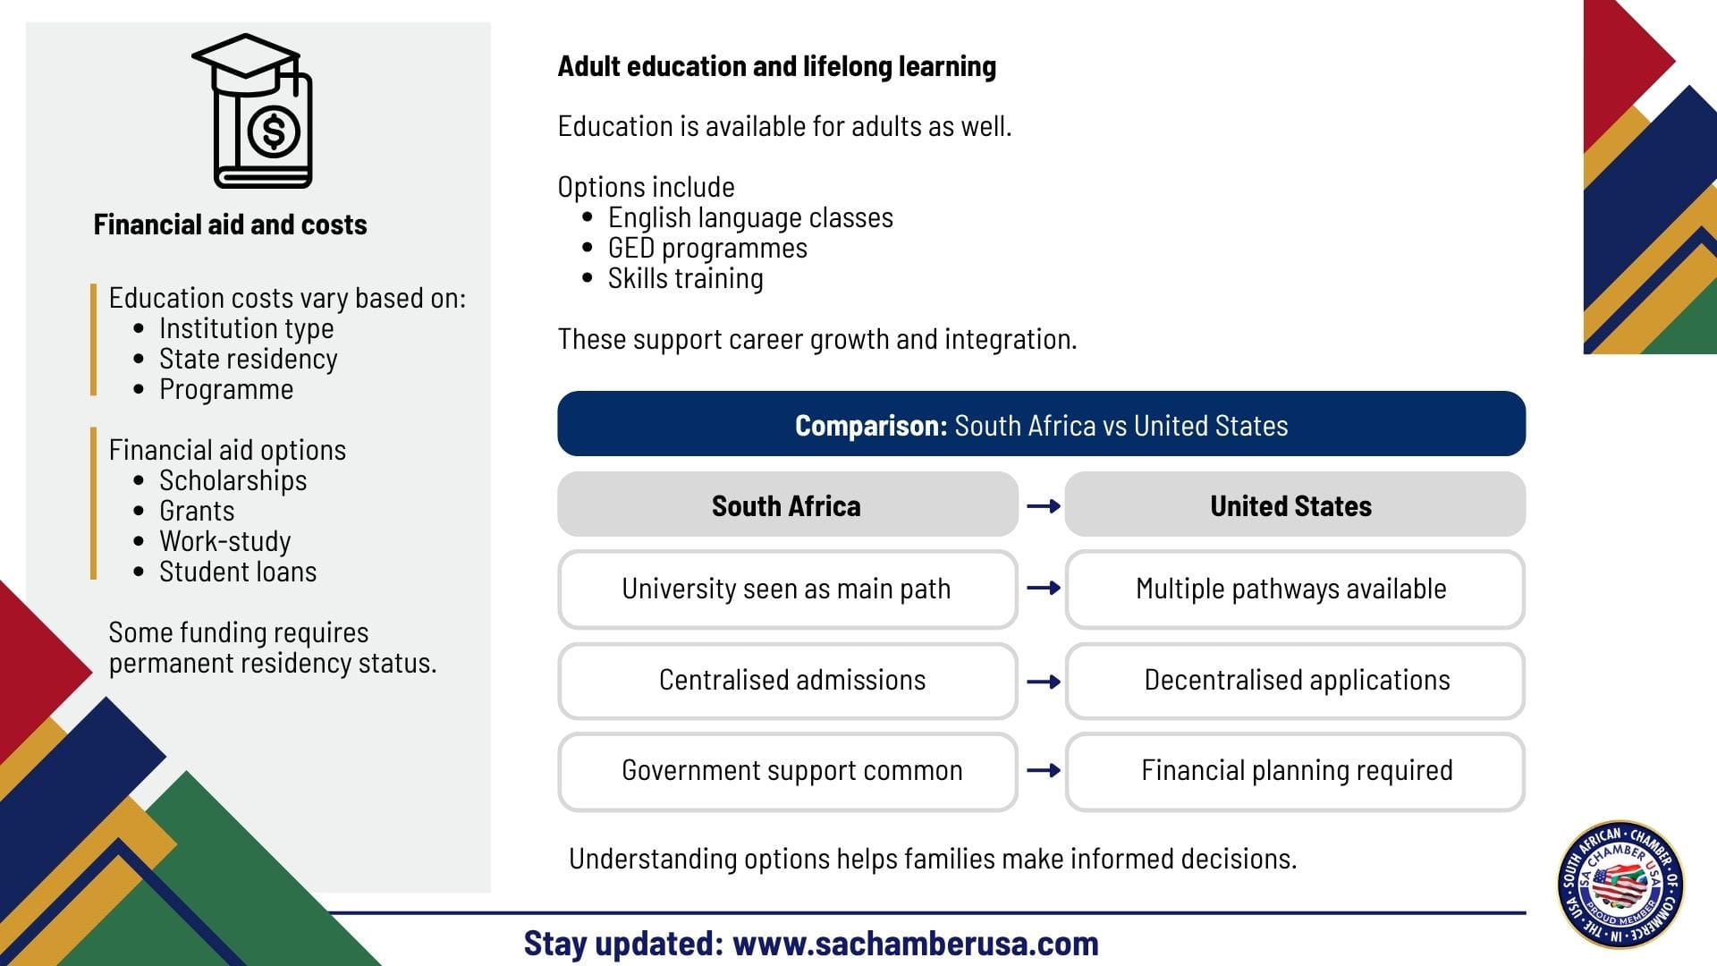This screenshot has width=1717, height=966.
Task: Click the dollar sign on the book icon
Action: [274, 131]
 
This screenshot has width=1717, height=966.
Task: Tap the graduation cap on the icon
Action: [246, 64]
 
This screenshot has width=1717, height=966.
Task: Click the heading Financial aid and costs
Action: [231, 225]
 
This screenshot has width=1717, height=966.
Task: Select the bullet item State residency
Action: [249, 359]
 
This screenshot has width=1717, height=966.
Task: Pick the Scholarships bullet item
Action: [233, 480]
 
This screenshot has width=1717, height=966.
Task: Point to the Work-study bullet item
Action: [225, 541]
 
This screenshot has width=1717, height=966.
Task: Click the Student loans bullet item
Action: [238, 572]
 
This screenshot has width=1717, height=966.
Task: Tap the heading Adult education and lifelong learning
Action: [777, 66]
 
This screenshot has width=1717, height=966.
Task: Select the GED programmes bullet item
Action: [707, 248]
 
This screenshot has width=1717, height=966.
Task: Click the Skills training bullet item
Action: [686, 278]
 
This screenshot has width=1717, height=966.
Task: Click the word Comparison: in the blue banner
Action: [871, 426]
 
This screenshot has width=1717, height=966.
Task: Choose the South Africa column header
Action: [787, 505]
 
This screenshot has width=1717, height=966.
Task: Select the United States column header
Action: [1294, 505]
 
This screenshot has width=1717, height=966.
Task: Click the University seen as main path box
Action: [787, 589]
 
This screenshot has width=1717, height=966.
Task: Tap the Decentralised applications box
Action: [1295, 681]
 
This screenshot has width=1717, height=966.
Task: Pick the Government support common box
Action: [787, 772]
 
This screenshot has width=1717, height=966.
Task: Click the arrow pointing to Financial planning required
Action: [1044, 770]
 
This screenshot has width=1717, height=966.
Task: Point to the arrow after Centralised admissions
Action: [1044, 682]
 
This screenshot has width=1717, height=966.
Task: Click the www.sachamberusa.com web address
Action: [916, 944]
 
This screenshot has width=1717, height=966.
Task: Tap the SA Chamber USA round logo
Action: [1621, 885]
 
